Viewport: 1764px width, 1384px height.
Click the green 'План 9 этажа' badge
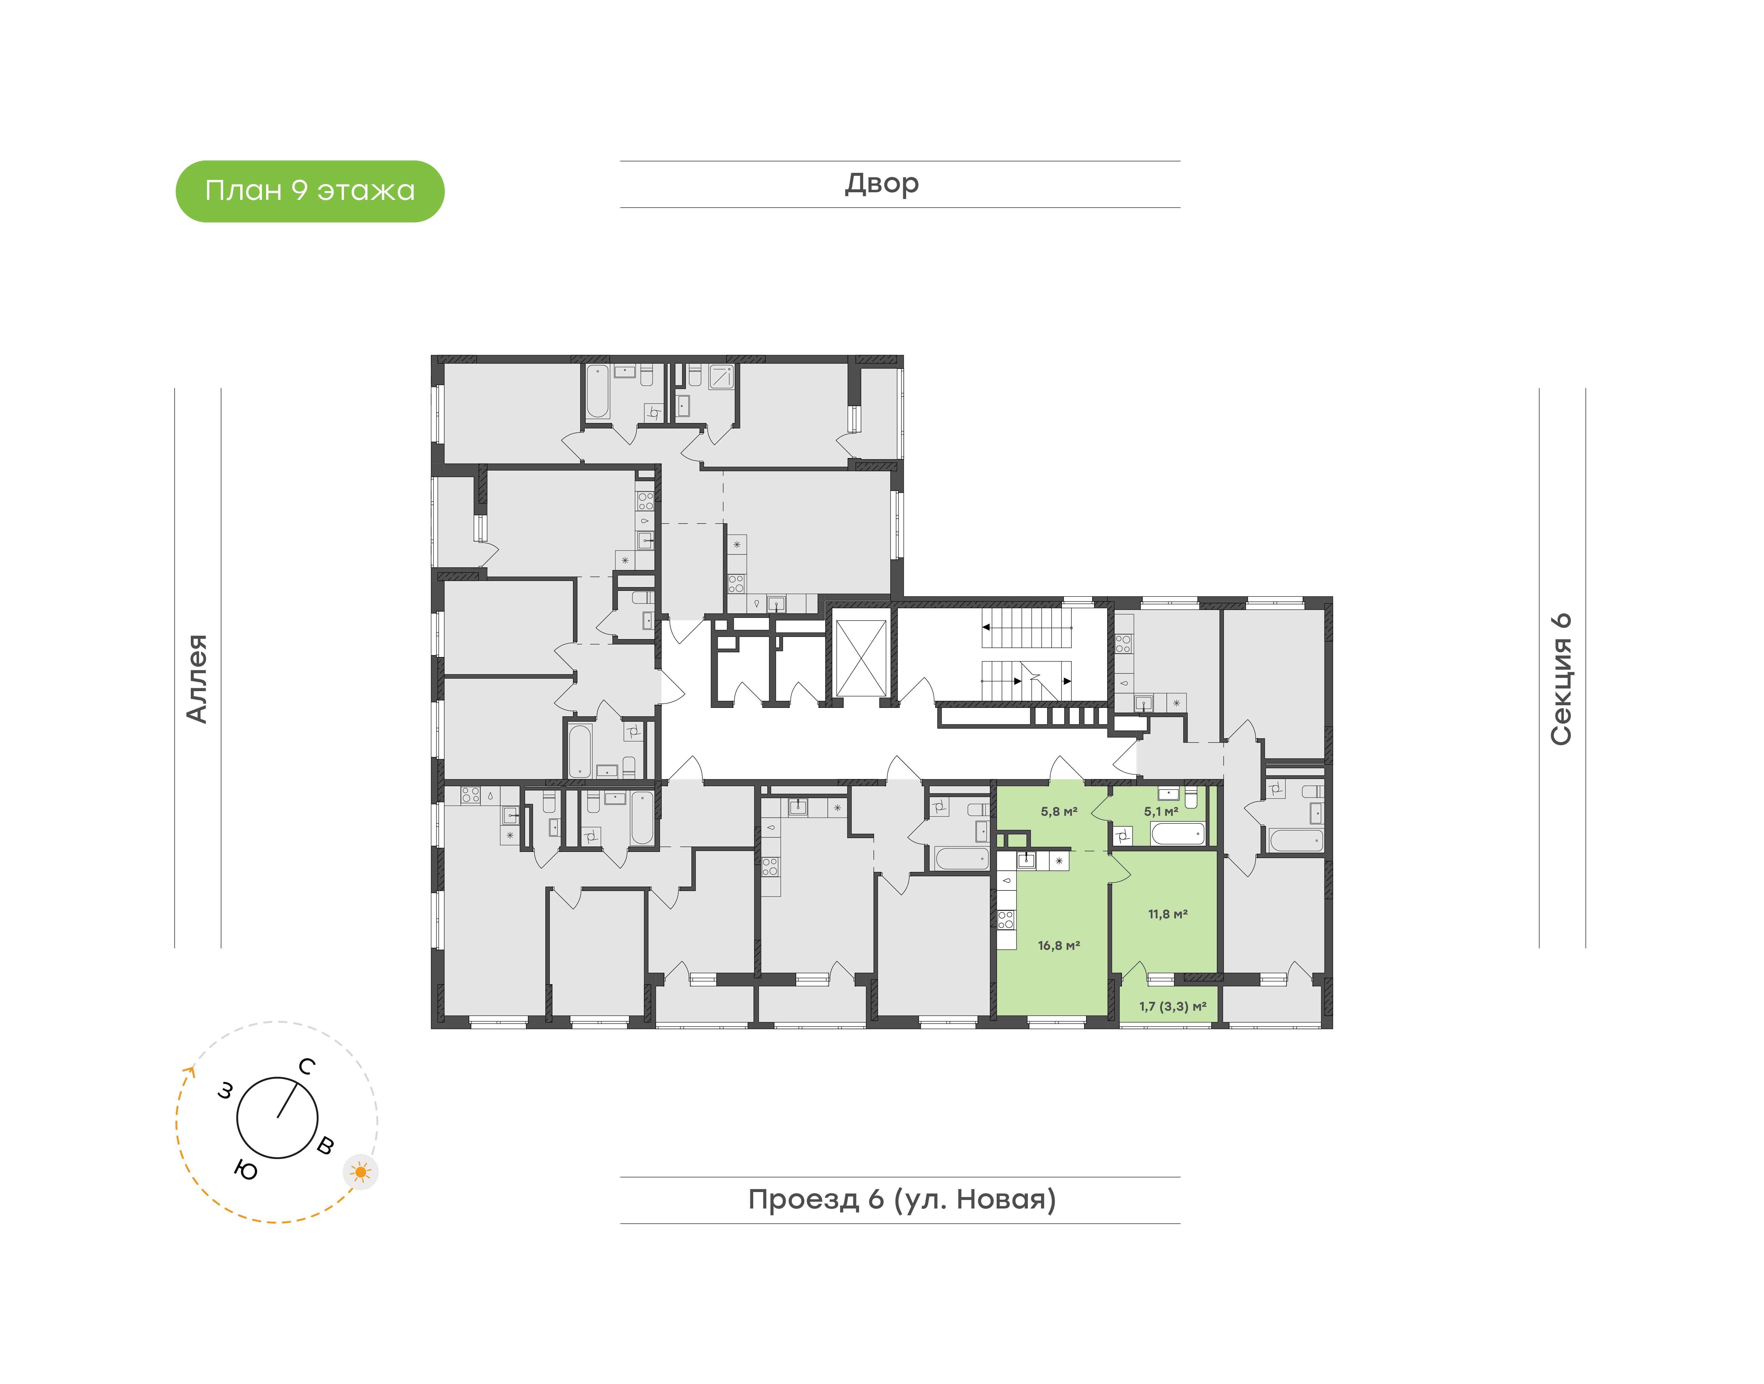[310, 191]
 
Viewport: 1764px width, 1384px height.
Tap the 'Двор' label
[882, 184]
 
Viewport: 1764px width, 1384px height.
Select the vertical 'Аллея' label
[197, 678]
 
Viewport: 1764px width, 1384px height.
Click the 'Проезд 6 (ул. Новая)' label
[902, 1199]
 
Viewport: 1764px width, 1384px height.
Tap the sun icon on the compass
[360, 1172]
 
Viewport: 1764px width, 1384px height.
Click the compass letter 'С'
[306, 1066]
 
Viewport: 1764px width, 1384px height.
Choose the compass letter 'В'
[325, 1145]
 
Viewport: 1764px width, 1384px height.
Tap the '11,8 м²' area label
[1168, 914]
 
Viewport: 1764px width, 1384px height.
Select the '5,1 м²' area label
[1161, 811]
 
